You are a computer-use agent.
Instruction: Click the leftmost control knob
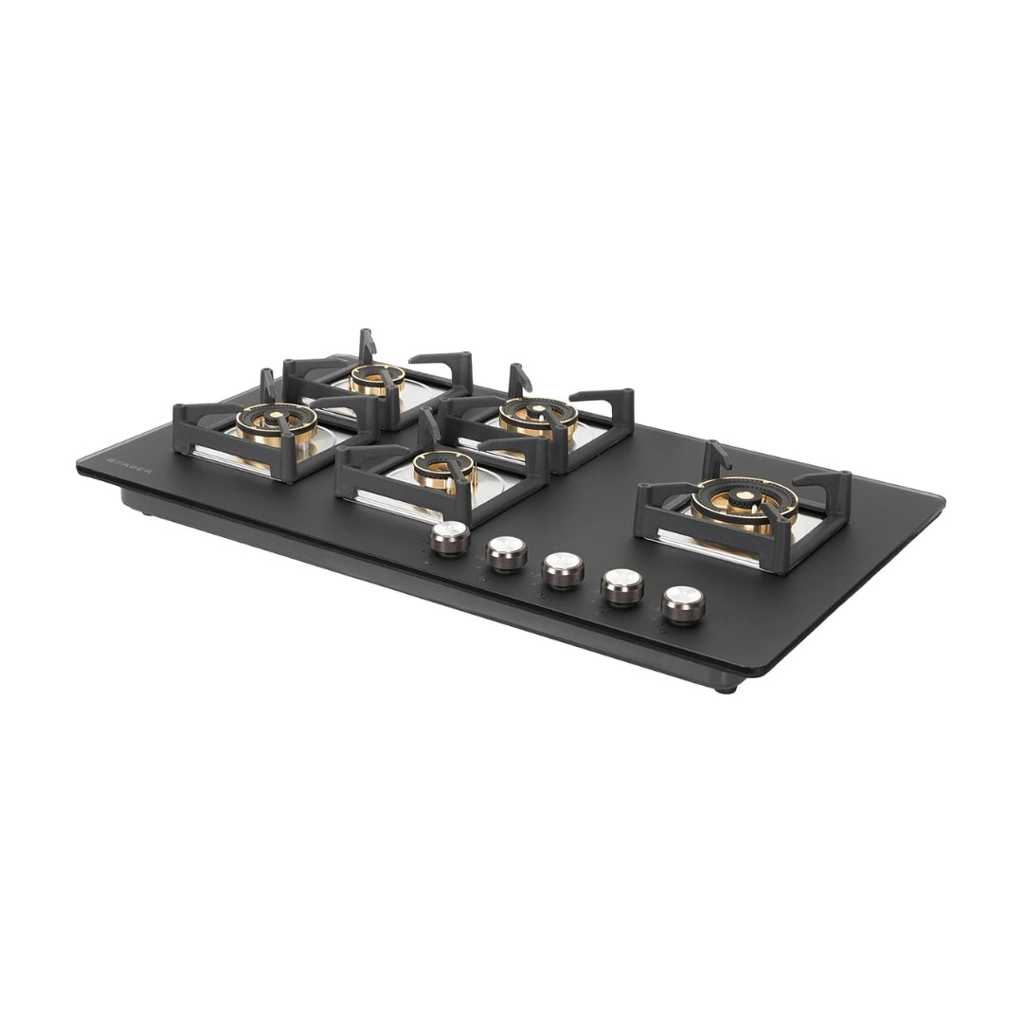coord(450,538)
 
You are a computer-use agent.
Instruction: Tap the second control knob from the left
coord(506,554)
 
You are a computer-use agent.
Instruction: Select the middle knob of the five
coord(564,570)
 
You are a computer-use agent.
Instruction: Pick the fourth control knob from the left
coord(622,588)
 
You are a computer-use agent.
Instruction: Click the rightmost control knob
coord(683,605)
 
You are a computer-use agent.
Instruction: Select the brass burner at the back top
coord(376,379)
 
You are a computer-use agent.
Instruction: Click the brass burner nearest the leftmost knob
coord(443,470)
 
